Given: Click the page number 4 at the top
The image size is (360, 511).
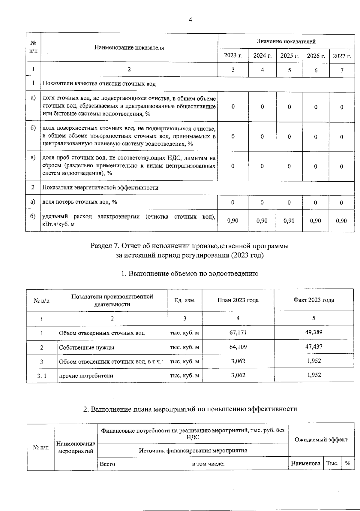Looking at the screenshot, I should click(190, 20).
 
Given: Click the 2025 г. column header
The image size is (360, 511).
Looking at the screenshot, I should click(289, 56).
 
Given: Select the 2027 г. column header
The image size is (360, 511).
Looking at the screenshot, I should click(342, 56).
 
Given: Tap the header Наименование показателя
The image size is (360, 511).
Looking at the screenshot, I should click(129, 47).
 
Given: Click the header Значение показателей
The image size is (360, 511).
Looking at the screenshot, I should click(286, 41).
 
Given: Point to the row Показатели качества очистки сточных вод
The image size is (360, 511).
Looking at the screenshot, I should click(99, 84).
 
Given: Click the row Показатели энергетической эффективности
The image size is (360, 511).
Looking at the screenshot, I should click(100, 188).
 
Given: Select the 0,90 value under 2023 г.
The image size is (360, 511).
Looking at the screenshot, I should click(233, 221).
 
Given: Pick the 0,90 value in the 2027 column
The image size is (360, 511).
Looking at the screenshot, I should click(341, 221).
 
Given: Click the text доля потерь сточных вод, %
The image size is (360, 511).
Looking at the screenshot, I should click(79, 202).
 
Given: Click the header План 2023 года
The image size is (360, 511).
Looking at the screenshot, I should click(238, 300).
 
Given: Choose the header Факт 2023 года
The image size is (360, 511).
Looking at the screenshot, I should click(313, 300).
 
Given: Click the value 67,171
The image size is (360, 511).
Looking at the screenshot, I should click(238, 333).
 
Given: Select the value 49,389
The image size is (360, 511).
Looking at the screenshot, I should click(314, 332).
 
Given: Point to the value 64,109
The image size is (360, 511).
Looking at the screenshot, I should click(238, 347).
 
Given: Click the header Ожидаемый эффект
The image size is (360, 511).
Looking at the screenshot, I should click(321, 440).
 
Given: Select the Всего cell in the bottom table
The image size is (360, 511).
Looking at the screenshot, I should click(107, 464).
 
